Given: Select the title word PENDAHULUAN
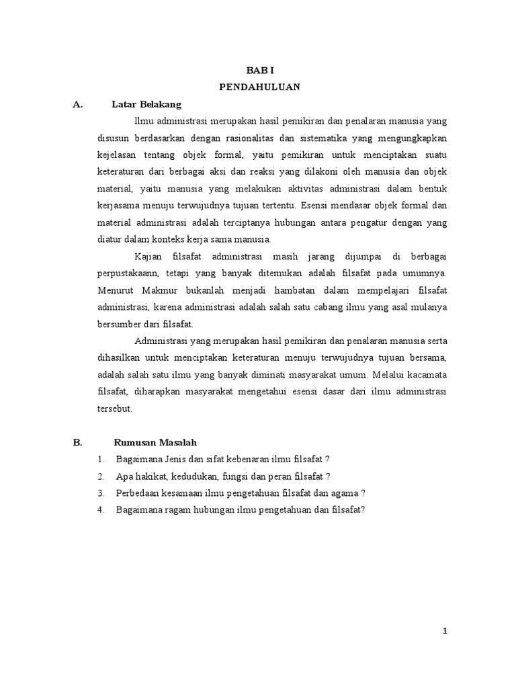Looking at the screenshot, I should click(x=259, y=87).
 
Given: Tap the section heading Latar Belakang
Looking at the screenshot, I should click(x=146, y=104).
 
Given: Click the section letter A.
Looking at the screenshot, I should click(x=77, y=104).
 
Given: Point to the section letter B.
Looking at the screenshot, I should click(x=77, y=442).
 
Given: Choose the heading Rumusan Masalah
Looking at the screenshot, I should click(x=155, y=442).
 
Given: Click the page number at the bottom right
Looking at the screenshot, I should click(x=444, y=631).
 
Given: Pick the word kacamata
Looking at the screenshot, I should click(x=425, y=374).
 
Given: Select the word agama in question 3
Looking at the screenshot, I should click(x=345, y=493).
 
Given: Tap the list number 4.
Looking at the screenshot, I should click(x=99, y=510).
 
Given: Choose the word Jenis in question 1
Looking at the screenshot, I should click(x=173, y=460).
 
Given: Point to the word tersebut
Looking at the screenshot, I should click(x=115, y=408).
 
